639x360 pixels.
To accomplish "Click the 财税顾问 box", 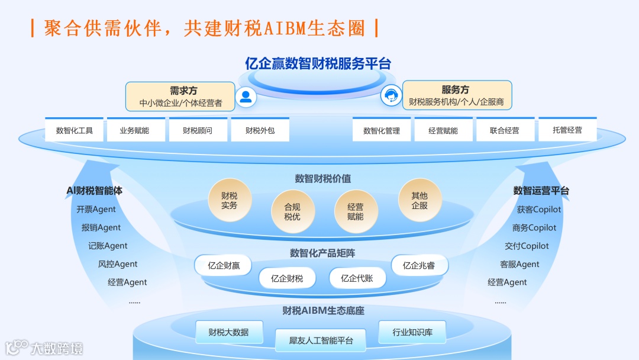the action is pos(198,130).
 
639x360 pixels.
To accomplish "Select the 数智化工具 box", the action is pos(75,130).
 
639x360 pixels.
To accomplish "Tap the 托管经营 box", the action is pos(567,130).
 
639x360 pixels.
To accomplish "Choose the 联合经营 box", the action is pos(505,130).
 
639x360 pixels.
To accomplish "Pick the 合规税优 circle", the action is pos(292,211).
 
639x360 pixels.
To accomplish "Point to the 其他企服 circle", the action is pos(419,200).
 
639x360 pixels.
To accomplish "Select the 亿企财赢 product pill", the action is pos(224,265).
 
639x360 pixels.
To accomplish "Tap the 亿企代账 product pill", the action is pos(357,278).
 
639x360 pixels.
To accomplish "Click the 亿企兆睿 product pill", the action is pos(419,265).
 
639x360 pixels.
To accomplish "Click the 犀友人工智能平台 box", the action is pos(321,340).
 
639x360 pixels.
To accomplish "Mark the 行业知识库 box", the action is pos(412,332).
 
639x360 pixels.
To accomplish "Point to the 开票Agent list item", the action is pos(96,209).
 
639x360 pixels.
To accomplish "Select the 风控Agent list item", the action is pos(118,264).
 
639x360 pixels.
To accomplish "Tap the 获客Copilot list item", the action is pos(539,209).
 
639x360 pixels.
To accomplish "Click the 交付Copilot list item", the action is pos(527,246).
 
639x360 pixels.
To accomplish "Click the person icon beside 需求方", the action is pos(246,97).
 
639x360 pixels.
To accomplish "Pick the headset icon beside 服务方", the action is pos(390,95).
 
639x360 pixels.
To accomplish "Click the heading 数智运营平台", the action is pos(541,191).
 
